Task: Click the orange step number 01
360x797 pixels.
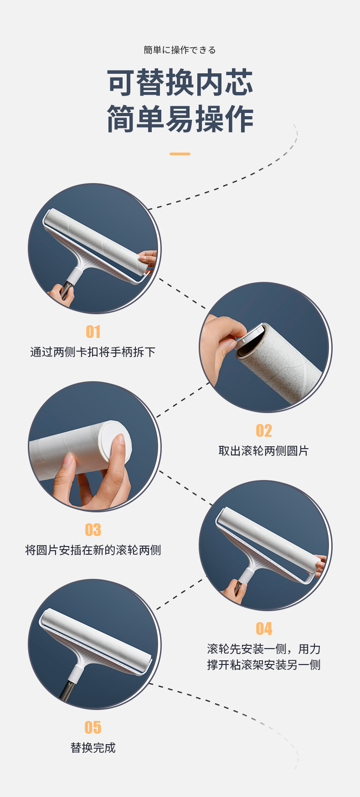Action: (93, 332)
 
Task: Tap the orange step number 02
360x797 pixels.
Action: (264, 430)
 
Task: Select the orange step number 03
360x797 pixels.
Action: (93, 530)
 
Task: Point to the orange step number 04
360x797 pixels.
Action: (264, 628)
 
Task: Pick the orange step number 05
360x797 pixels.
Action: (93, 727)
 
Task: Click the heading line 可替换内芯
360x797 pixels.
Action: (180, 83)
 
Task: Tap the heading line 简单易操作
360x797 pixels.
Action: (180, 119)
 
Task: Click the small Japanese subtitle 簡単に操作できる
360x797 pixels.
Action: (180, 50)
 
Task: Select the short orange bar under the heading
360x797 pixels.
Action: (180, 154)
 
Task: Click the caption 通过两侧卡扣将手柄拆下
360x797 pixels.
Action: (93, 352)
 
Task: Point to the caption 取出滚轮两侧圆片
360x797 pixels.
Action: (264, 451)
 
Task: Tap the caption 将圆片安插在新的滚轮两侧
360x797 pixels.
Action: (93, 550)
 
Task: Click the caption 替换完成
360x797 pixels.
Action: (93, 748)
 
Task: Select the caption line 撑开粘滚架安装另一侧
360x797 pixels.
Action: (264, 665)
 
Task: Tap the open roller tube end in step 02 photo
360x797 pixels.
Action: (250, 342)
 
